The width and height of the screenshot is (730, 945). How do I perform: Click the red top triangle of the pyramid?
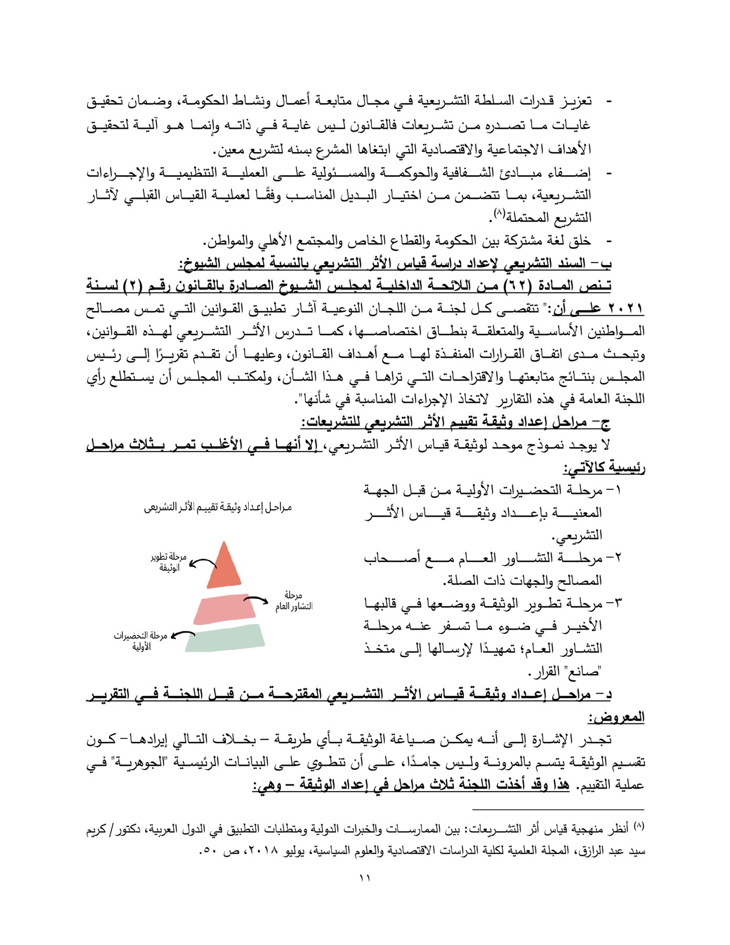click(224, 570)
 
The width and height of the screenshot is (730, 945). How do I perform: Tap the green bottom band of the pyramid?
click(225, 638)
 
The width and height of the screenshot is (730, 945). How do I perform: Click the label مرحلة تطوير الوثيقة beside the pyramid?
click(169, 562)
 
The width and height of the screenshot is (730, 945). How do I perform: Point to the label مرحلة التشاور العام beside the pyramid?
click(293, 601)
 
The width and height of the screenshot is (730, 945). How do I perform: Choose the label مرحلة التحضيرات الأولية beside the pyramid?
click(141, 641)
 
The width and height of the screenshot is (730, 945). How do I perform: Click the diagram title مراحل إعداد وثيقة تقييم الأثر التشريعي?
click(218, 508)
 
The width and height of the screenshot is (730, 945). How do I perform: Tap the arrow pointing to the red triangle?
click(203, 564)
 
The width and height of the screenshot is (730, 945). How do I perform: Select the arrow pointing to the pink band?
click(256, 601)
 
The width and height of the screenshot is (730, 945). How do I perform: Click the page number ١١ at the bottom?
click(365, 878)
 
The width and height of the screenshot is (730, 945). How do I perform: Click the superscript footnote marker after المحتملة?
click(499, 214)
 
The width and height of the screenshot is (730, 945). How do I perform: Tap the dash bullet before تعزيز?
click(609, 100)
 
